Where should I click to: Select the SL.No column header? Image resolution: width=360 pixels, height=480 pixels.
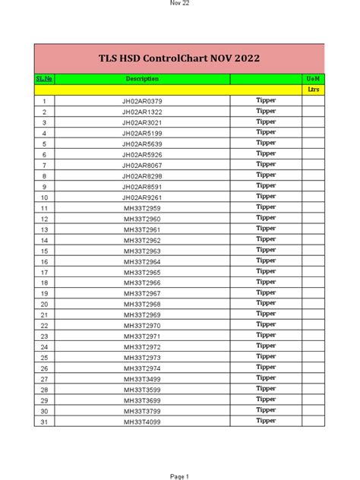pos(45,79)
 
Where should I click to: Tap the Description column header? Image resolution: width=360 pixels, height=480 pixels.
pos(142,79)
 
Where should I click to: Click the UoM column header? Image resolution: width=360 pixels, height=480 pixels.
pos(313,79)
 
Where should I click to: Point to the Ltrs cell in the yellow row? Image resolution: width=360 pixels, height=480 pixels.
pos(313,90)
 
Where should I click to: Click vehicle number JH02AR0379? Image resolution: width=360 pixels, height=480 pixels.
pos(142,101)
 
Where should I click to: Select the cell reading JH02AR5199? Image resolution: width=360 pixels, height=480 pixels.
pos(142,133)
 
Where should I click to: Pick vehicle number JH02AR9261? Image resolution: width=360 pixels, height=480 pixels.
pos(142,197)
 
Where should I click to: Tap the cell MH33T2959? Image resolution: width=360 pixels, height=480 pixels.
pos(142,208)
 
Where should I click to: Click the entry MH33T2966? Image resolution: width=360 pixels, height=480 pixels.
pos(142,283)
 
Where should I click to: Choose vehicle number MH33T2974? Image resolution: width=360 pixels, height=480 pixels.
pos(142,368)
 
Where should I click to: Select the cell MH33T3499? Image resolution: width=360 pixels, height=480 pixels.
pos(142,379)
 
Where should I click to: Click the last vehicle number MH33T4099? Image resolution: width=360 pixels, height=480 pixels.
pos(142,422)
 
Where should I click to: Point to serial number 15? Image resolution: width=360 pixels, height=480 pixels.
pos(45,251)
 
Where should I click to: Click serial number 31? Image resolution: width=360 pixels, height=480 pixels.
pos(45,422)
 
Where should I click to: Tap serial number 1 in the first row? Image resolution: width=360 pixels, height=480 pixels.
pos(45,101)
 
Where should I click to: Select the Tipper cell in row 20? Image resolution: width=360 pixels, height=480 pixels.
pos(266,303)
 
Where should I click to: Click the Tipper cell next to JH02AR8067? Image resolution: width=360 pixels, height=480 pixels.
pos(266,164)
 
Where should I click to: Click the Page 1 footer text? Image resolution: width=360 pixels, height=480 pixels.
pos(179,476)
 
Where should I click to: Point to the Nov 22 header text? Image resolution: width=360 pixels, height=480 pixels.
pos(179,4)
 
